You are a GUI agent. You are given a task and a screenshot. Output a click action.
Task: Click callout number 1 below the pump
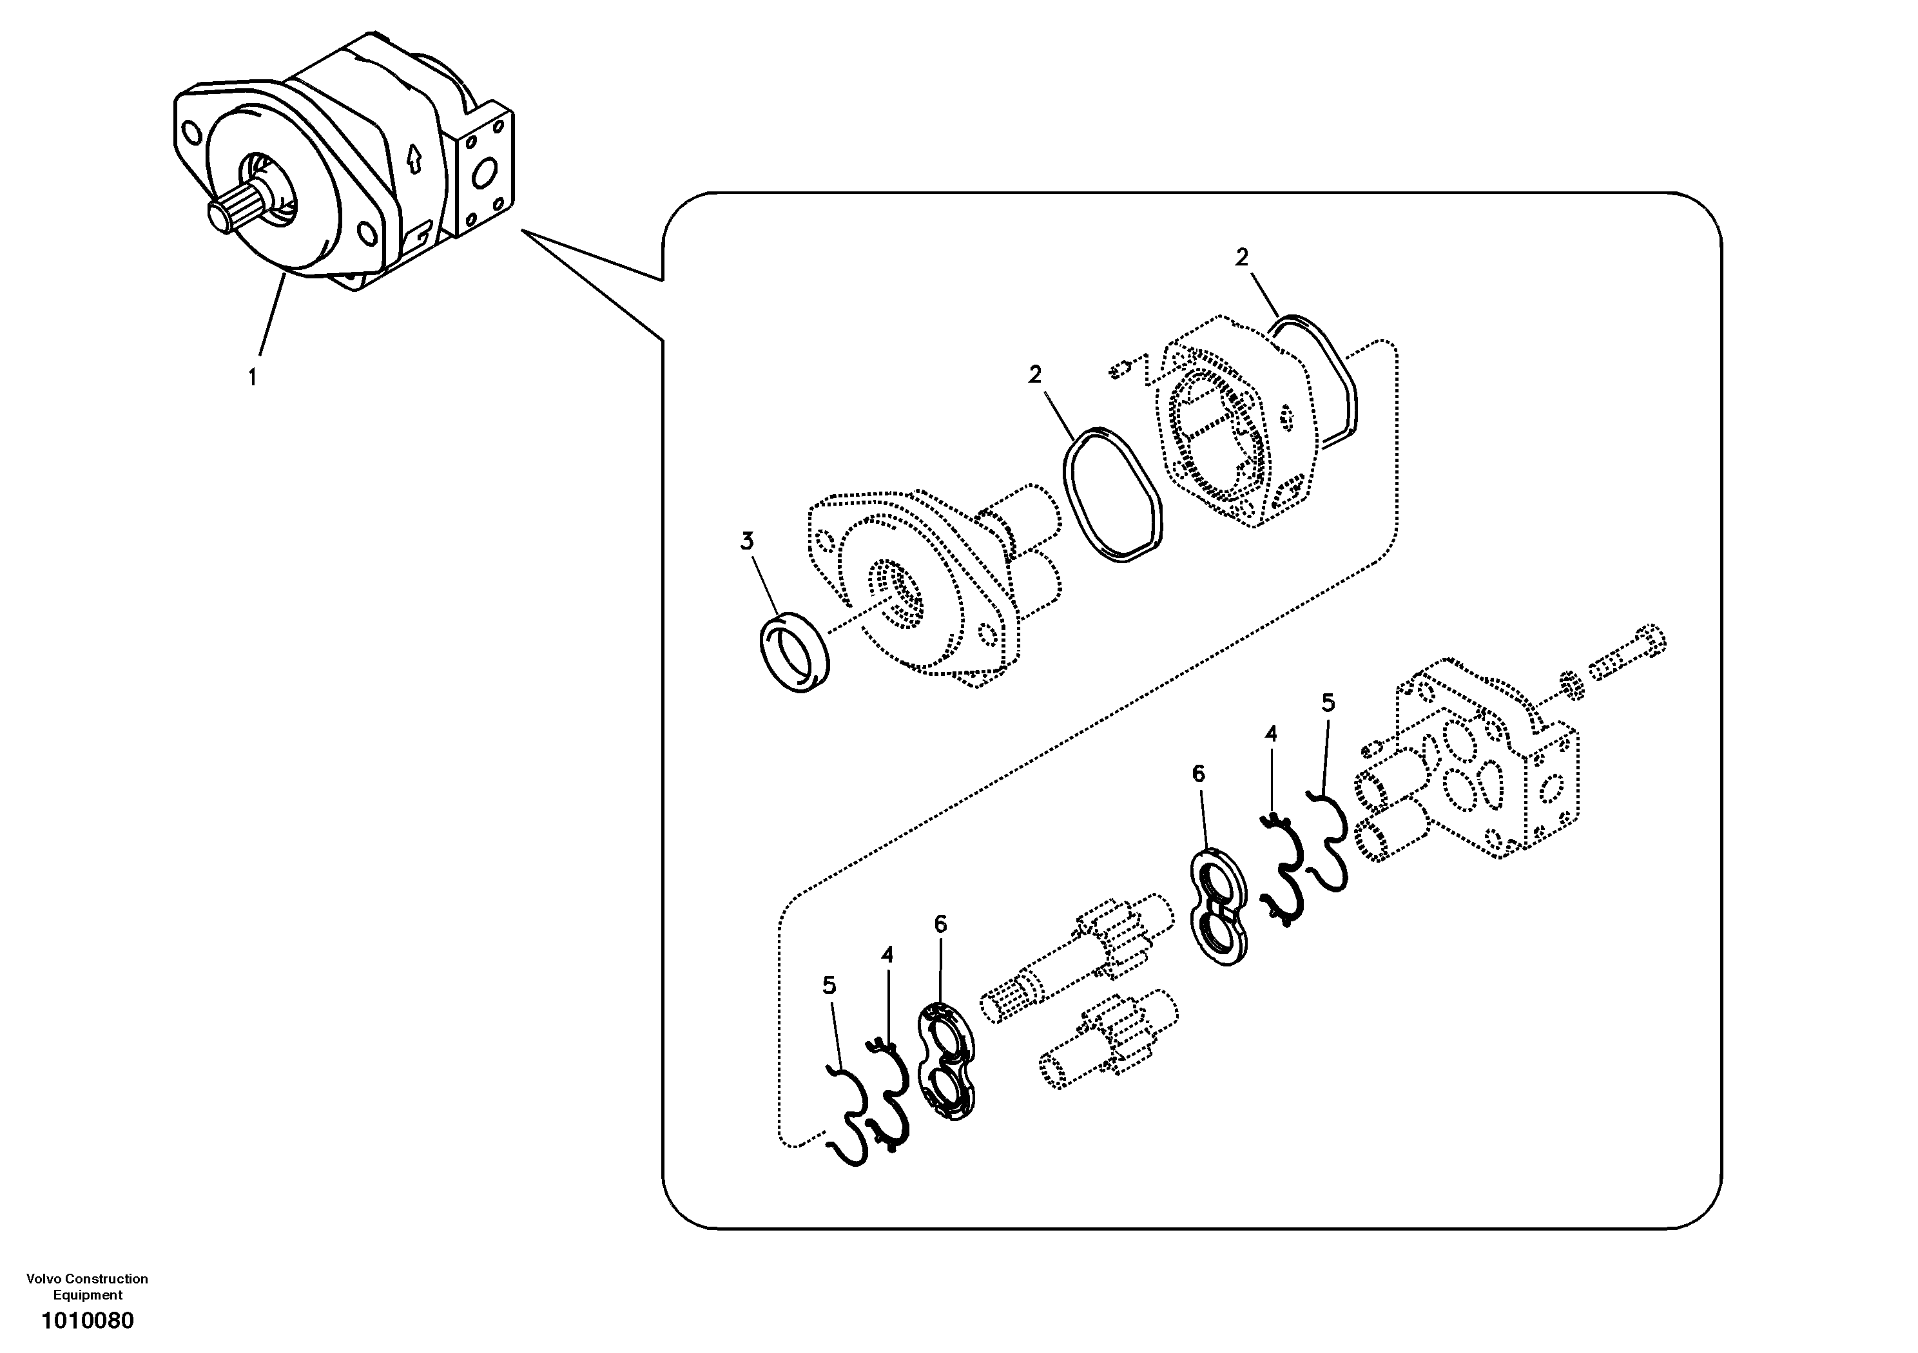tap(251, 378)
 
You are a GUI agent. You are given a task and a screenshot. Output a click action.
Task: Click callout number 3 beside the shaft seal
tap(747, 541)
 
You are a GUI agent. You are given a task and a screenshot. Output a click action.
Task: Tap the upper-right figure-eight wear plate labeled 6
tap(1219, 906)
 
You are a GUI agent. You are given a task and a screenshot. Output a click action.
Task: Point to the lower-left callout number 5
tap(829, 986)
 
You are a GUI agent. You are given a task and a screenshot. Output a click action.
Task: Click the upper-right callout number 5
tap(1328, 703)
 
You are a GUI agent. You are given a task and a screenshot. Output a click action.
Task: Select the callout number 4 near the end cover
tap(1270, 734)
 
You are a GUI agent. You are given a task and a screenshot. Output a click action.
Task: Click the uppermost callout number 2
tap(1242, 257)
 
